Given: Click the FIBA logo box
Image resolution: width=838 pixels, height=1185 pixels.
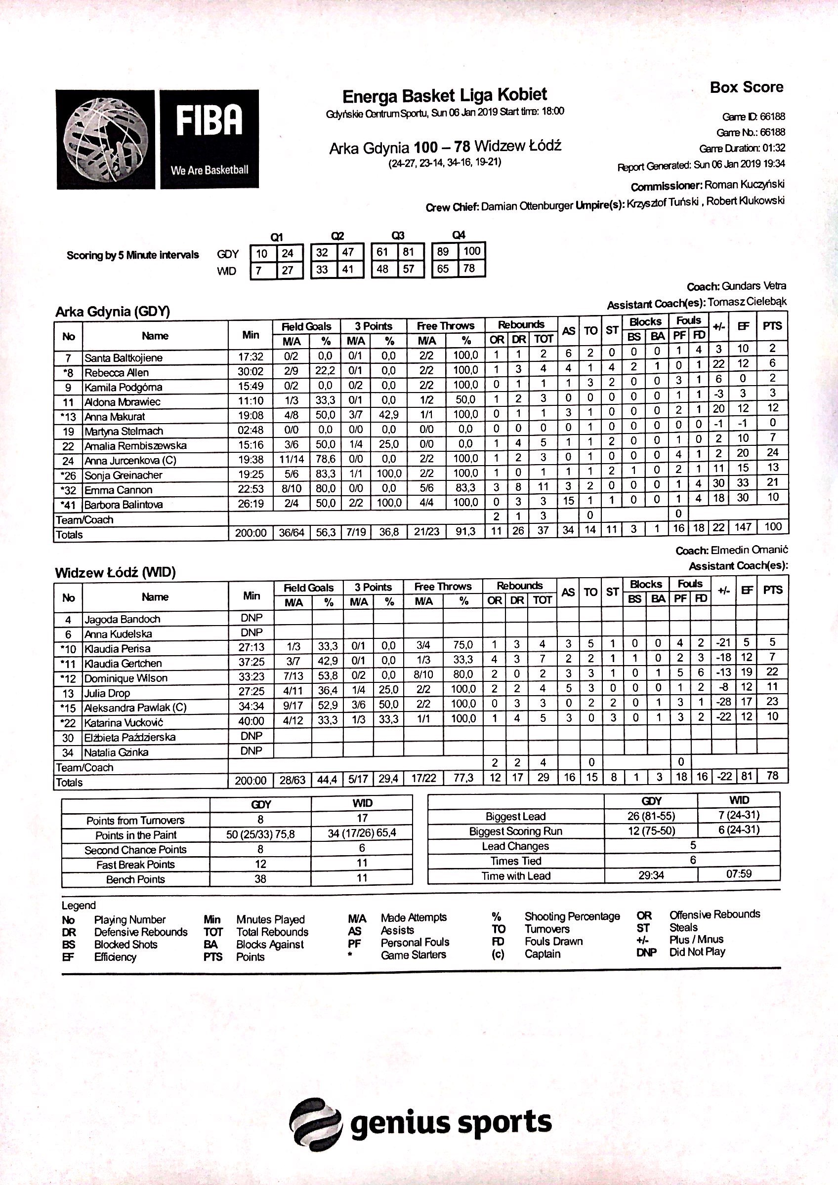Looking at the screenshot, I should (209, 139).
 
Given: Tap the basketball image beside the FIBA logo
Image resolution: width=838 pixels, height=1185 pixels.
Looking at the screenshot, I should (106, 139).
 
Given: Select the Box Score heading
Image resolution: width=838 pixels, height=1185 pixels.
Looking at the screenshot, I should (746, 87).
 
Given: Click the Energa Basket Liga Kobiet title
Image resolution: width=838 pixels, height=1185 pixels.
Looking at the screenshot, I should (445, 95).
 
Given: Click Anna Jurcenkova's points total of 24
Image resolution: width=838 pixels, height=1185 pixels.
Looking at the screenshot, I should (772, 453).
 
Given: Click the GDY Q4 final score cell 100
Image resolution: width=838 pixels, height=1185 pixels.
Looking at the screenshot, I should (471, 251).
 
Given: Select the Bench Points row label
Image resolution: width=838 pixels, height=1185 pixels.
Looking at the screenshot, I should (135, 879).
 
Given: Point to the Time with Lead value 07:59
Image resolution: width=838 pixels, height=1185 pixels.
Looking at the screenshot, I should (738, 874).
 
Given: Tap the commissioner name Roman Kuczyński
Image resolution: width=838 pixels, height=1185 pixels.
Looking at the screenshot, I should (744, 185).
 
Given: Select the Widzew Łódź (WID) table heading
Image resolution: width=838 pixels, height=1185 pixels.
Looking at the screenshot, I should (116, 572).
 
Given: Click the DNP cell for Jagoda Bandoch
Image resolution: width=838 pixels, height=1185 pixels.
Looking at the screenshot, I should (251, 618).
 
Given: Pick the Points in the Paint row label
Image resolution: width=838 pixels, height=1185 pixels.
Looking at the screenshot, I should (136, 835).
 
